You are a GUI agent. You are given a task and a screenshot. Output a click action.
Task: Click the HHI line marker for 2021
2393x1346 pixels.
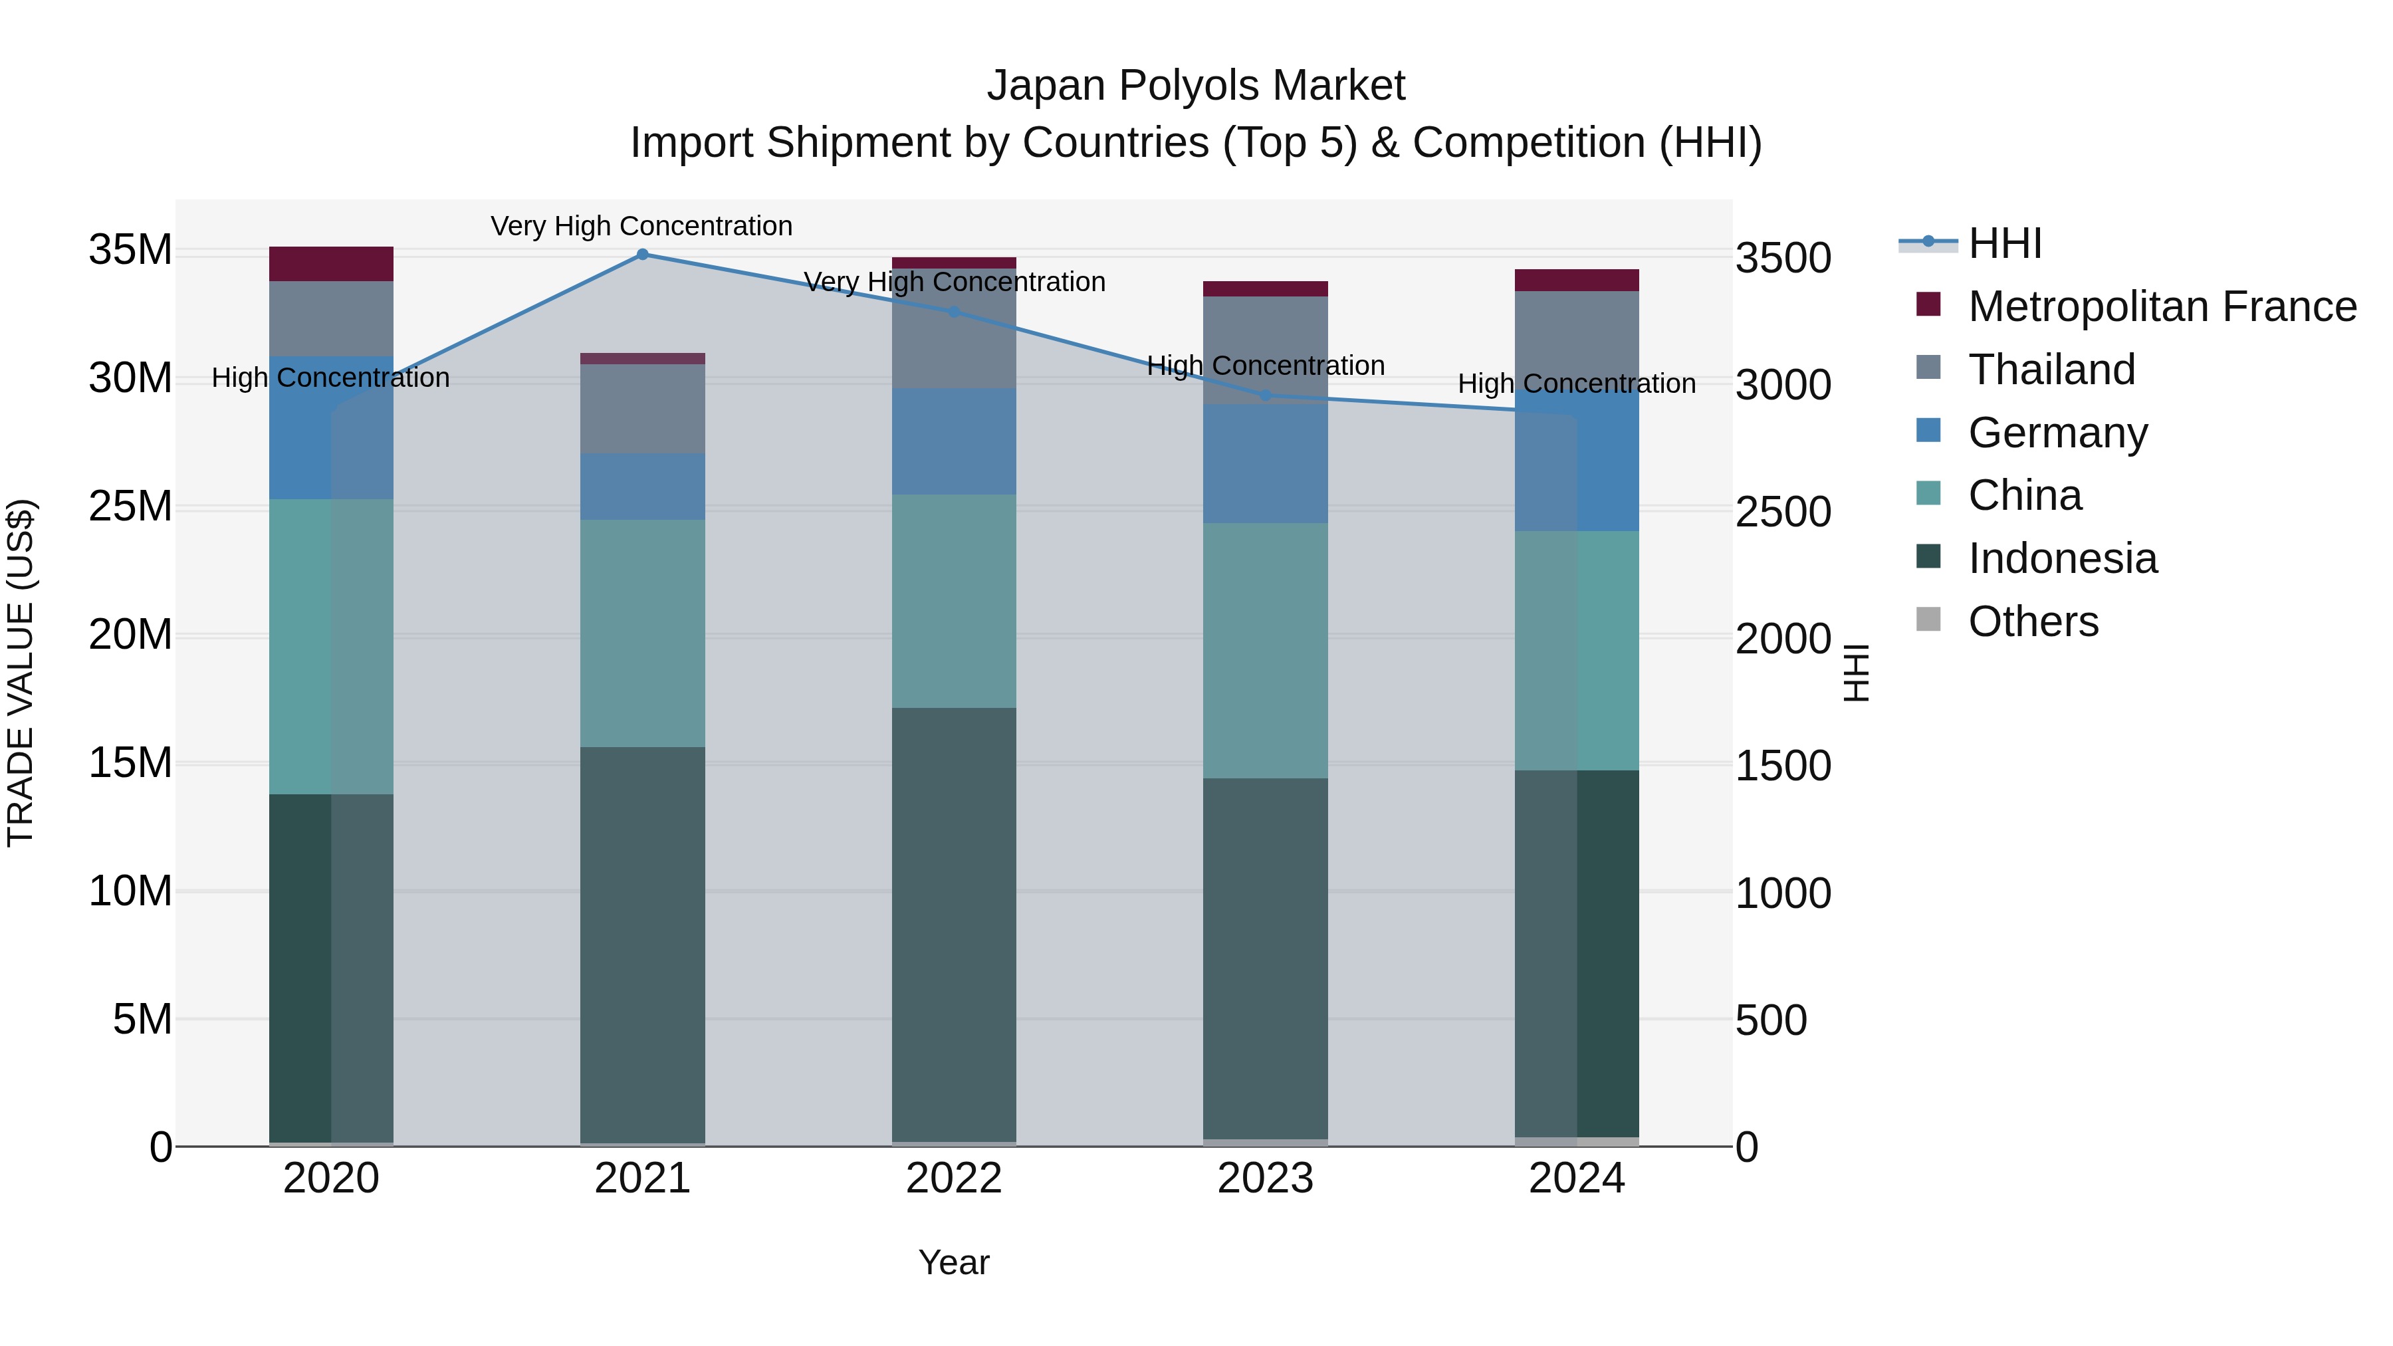(x=642, y=255)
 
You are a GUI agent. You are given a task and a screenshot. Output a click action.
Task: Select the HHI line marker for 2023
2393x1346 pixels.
(x=1264, y=395)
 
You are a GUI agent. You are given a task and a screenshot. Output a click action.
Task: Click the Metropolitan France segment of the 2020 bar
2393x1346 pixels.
(x=331, y=264)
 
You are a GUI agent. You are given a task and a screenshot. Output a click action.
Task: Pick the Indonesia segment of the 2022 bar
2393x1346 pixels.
(x=954, y=925)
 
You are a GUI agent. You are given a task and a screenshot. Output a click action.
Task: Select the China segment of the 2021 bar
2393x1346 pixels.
(x=642, y=633)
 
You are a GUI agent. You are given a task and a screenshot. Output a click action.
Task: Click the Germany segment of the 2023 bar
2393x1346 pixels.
(x=1264, y=463)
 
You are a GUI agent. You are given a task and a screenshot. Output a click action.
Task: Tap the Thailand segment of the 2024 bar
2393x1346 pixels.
(x=1577, y=339)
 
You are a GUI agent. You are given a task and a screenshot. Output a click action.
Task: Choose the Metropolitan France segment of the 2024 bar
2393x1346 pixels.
(x=1577, y=280)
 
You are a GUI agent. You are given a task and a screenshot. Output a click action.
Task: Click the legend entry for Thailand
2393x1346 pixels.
(x=2051, y=370)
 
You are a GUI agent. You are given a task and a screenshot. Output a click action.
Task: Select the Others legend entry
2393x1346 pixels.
(x=2033, y=621)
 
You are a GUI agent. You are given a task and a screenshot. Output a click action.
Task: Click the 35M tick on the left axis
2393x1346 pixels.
(x=130, y=250)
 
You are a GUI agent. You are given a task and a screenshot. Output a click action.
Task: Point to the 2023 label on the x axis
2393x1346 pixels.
(x=1264, y=1178)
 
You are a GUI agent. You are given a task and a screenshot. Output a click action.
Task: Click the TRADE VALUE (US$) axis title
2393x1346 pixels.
(x=21, y=673)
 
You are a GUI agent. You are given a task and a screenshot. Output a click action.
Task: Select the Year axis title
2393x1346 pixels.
(x=954, y=1262)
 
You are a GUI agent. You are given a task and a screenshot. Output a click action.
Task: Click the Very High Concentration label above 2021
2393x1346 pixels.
(x=642, y=226)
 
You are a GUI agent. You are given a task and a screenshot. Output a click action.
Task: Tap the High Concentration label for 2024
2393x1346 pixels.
(x=1577, y=383)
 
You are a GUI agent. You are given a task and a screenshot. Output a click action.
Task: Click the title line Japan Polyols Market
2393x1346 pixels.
(x=1196, y=86)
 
